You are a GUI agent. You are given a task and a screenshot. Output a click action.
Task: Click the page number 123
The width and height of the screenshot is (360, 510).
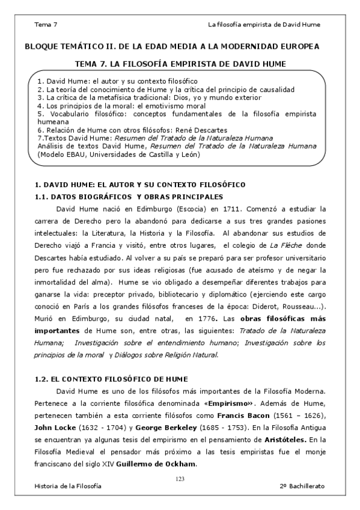179,478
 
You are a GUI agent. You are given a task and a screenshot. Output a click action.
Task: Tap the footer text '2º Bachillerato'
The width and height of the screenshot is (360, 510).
300,485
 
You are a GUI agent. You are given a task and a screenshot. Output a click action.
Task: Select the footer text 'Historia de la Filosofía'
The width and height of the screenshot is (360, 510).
68,485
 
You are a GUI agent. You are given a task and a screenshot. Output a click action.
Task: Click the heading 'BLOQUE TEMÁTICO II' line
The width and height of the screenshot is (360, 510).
172,46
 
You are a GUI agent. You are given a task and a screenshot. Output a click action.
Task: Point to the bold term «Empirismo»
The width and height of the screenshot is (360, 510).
231,404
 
